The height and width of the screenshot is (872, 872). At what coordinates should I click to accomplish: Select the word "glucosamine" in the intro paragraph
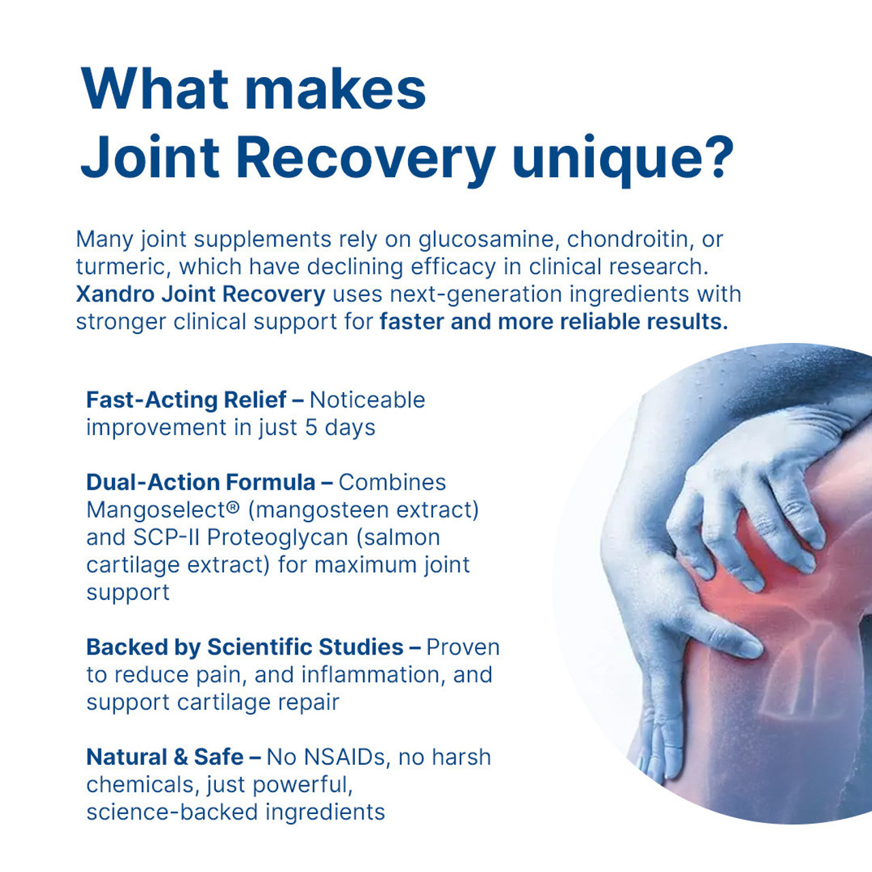(x=486, y=239)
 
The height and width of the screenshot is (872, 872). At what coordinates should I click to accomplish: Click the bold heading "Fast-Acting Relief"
(x=186, y=400)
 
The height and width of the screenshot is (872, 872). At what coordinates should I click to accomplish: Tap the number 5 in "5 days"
(x=311, y=427)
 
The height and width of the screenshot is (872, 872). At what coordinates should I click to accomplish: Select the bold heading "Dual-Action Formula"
(x=200, y=483)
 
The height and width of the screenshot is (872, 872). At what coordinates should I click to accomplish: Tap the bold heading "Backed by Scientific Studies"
(x=245, y=647)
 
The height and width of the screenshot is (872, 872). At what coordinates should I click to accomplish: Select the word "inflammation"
(x=370, y=675)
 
